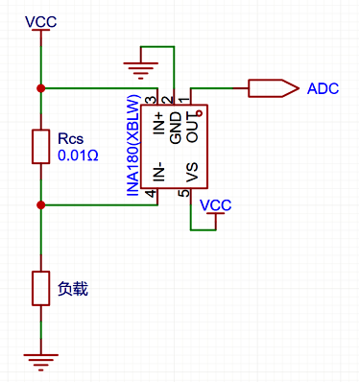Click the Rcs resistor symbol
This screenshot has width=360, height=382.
[x=41, y=147]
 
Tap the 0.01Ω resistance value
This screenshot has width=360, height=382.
[x=78, y=155]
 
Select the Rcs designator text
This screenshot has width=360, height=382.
[x=70, y=139]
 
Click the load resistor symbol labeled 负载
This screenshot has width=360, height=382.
[x=41, y=288]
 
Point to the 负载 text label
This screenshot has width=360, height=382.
[x=73, y=289]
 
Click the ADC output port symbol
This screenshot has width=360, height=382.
[x=274, y=88]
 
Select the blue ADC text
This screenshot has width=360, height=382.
[x=323, y=88]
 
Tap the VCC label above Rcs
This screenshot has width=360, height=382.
[x=41, y=22]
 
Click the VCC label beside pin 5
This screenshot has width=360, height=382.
[x=215, y=205]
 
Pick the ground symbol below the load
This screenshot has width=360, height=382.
[x=41, y=362]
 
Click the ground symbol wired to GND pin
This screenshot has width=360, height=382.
[x=141, y=70]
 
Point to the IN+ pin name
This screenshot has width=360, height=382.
[x=159, y=124]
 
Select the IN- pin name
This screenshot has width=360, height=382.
[x=159, y=172]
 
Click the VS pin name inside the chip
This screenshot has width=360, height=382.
[x=192, y=172]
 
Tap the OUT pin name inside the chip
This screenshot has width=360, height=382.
[x=193, y=127]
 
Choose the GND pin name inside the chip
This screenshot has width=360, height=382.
[x=176, y=128]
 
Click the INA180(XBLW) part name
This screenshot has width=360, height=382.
[x=133, y=146]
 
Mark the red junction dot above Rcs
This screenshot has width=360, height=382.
[x=41, y=88]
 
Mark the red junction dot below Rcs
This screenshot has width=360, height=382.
[x=41, y=205]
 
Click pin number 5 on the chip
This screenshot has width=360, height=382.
[x=184, y=194]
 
